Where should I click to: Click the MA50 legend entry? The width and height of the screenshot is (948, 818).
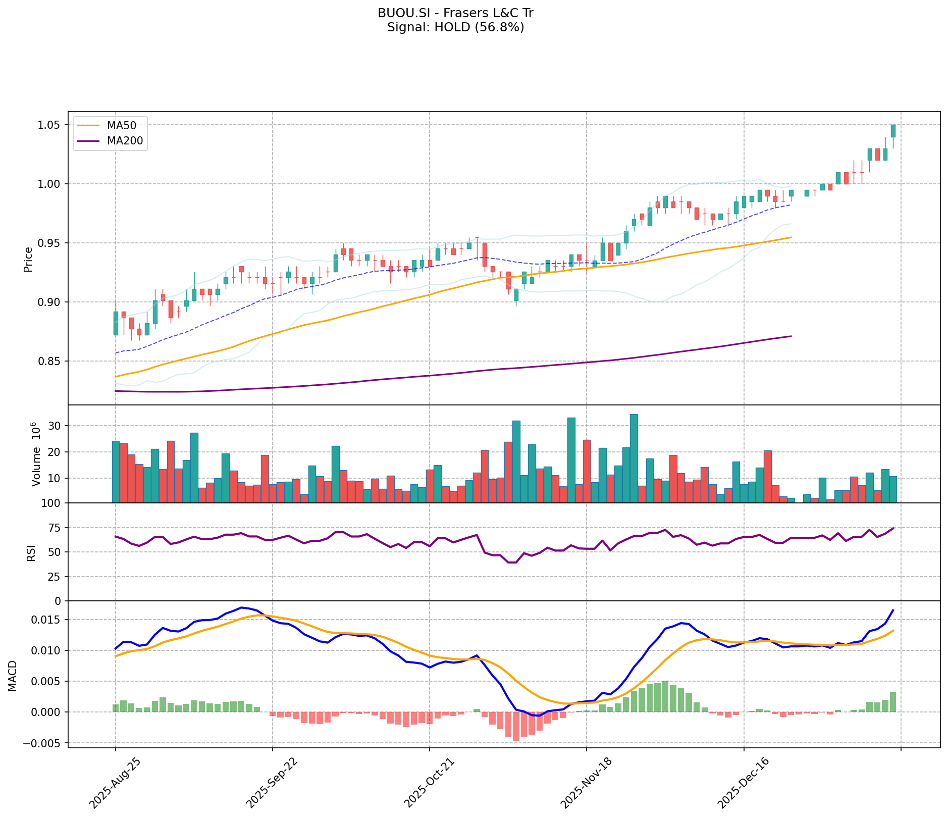121,125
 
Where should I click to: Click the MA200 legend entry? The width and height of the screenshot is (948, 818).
125,142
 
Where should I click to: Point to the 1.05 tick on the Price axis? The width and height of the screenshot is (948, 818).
49,125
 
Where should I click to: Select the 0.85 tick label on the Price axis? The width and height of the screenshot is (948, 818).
49,362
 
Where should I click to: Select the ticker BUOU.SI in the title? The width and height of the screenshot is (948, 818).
401,13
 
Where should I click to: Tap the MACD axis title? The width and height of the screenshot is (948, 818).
13,676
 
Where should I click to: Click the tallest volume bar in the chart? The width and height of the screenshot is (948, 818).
634,458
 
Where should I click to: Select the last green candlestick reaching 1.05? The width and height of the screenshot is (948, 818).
893,131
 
